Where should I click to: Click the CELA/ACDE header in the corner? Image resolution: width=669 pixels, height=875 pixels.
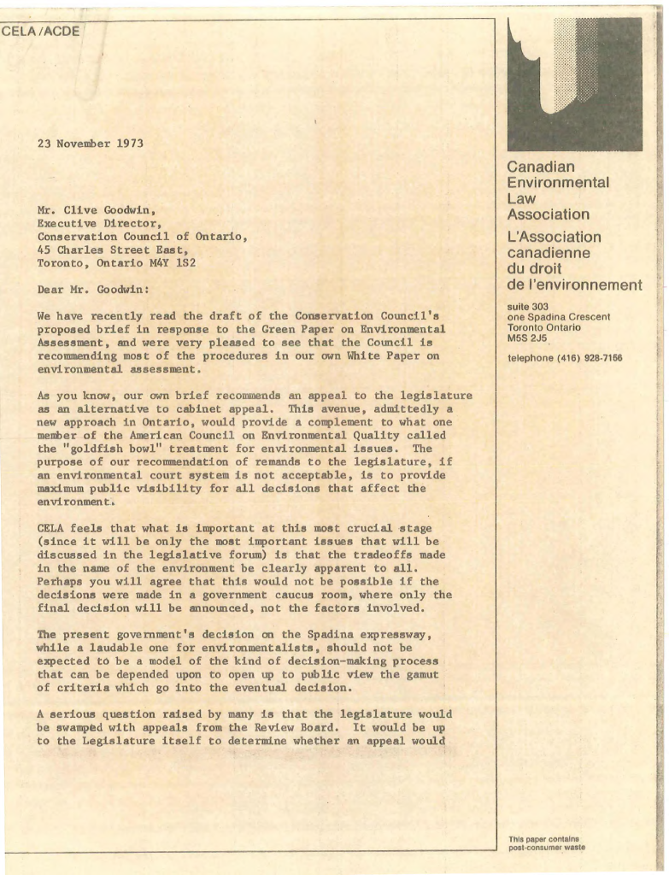point(40,32)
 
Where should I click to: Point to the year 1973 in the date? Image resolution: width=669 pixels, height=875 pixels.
point(129,144)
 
